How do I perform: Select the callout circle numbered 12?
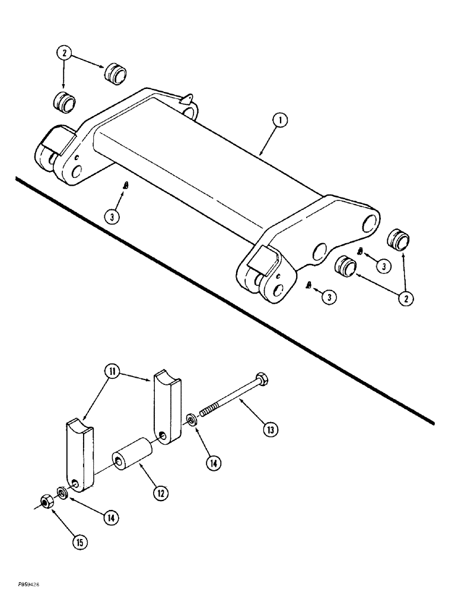click(160, 492)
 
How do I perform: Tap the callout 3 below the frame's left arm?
click(113, 216)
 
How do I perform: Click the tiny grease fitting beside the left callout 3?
click(125, 185)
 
